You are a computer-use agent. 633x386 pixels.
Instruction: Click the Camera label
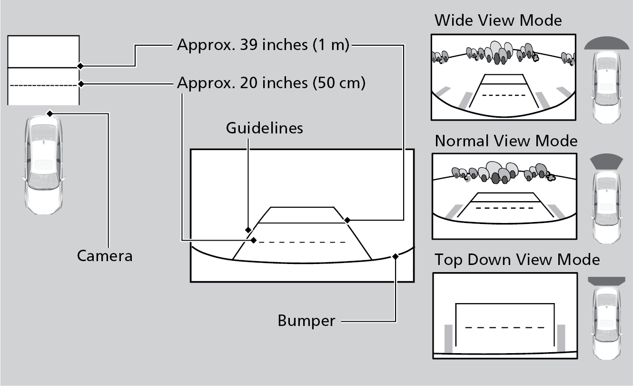[105, 256]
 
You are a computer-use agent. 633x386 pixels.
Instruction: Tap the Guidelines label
[264, 128]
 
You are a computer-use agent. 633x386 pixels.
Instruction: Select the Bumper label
[306, 321]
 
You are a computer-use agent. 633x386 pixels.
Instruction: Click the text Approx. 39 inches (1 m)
[263, 45]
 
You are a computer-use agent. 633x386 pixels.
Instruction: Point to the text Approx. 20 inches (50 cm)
[271, 83]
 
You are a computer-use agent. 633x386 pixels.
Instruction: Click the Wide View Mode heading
[498, 20]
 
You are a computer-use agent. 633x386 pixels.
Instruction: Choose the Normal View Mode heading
[506, 141]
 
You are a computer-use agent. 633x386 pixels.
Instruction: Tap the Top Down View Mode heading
[517, 260]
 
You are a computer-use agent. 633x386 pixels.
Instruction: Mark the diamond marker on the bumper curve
[395, 256]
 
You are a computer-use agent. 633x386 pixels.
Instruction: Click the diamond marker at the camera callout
[49, 113]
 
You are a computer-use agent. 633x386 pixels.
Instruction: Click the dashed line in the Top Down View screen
[504, 327]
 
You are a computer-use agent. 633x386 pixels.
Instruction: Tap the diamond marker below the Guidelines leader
[248, 230]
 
